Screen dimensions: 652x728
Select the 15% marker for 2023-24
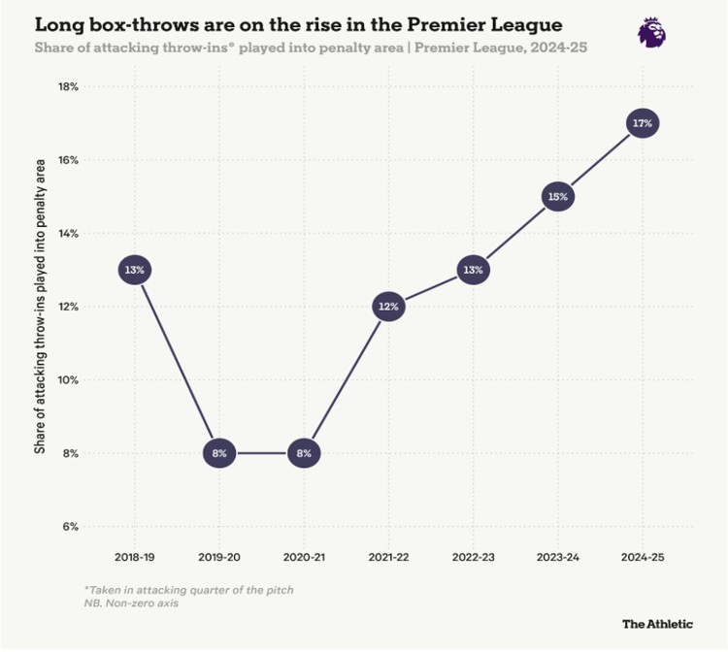point(557,196)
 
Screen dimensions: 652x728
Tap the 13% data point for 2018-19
point(135,270)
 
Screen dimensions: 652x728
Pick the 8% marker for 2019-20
point(219,453)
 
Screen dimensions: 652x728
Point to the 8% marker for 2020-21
point(304,453)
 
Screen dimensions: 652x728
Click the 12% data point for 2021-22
point(388,307)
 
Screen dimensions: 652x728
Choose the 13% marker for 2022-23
point(473,270)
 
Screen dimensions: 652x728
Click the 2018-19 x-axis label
point(135,560)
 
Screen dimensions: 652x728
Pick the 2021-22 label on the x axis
point(388,560)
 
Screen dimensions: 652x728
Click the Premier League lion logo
point(651,32)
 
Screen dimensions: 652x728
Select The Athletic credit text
point(657,624)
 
